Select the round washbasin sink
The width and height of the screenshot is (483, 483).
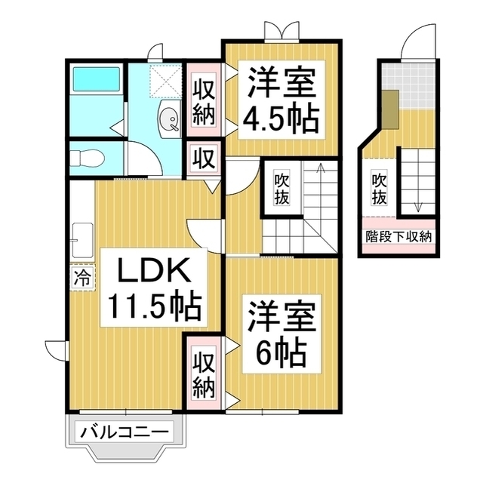coord(170,119)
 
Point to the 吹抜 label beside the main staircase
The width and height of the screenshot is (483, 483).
coord(281,188)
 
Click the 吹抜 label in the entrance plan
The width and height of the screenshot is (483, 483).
coord(379,188)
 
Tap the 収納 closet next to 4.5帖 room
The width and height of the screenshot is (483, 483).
coord(204,102)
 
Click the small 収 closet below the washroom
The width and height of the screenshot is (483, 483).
coord(204,158)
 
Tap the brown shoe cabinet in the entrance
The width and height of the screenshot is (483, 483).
coord(390,107)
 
